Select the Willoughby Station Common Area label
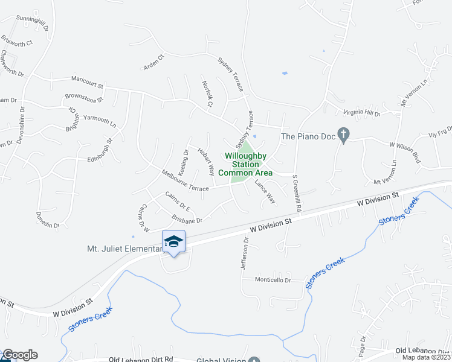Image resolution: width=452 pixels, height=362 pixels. pos(245,164)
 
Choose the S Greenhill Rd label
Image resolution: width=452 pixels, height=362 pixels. pos(297,193)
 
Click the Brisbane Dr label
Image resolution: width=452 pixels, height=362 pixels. pos(187,220)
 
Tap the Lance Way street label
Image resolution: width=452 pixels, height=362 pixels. pos(265,191)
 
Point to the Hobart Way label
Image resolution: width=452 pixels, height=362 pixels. pos(206,160)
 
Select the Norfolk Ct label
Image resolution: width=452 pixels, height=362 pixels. pos(207,94)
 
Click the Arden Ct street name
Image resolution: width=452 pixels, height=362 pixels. pos(153,63)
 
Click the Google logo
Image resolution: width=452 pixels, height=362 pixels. pos(19,355)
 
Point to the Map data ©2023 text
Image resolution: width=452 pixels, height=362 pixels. pos(426,357)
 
